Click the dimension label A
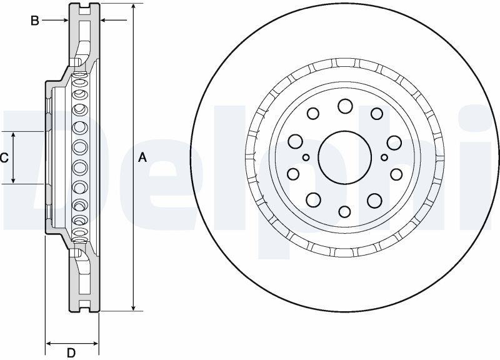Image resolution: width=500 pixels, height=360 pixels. point(142,157)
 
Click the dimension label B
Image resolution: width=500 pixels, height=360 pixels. point(35,21)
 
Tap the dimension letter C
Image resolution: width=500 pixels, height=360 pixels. point(4,158)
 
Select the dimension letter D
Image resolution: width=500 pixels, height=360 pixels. point(71,352)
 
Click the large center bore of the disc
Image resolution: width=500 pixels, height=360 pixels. point(345,157)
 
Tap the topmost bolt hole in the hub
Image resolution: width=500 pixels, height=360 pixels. point(345,106)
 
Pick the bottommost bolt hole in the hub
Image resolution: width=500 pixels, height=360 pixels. point(345,211)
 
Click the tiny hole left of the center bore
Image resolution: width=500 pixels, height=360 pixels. point(306,157)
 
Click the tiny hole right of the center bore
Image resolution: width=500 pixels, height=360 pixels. point(384,157)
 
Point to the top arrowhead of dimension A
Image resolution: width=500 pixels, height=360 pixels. point(134,6)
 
